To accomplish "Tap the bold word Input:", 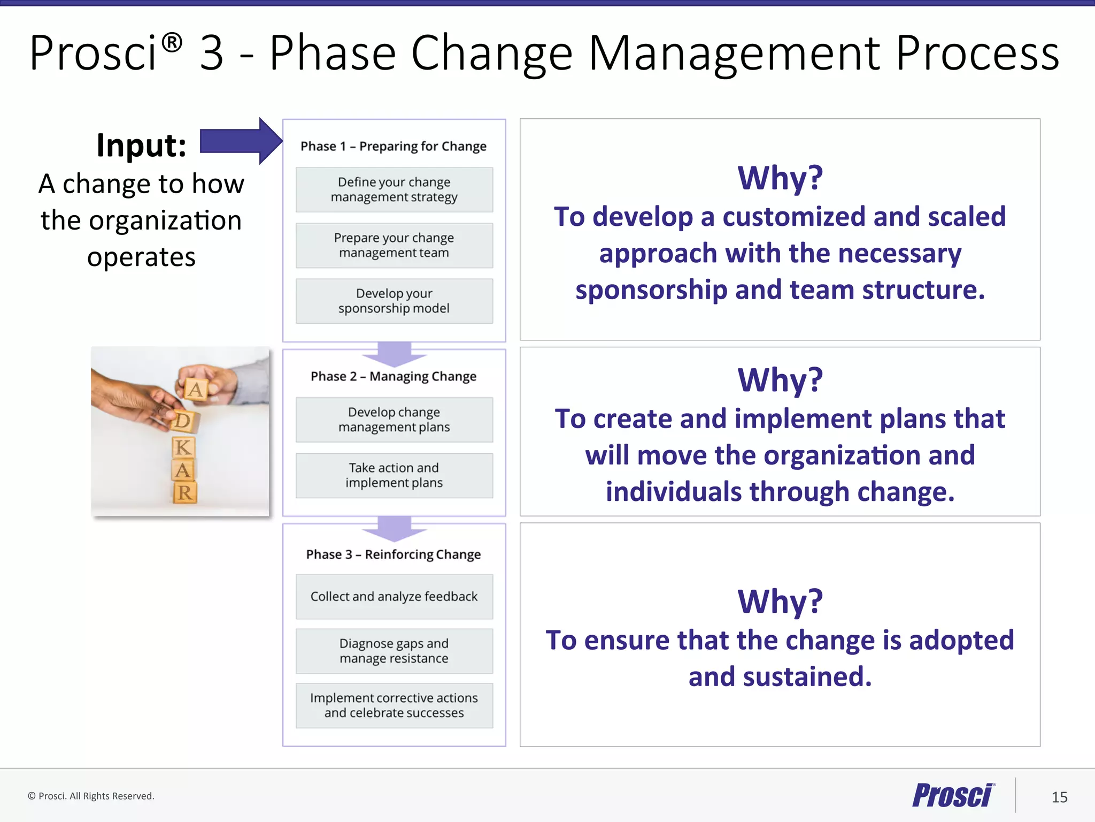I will (142, 145).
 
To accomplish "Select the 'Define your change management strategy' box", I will (394, 190).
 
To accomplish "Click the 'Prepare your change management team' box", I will (394, 246).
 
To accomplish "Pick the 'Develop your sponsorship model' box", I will (394, 301).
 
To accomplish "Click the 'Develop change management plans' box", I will (394, 420).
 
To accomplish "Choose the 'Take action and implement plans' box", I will (394, 475).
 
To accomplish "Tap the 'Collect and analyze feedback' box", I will (394, 597).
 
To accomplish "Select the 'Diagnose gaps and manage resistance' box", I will (394, 651).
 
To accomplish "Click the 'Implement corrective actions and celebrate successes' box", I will (394, 705).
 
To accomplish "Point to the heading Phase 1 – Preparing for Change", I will (394, 146).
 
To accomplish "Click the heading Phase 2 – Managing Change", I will (394, 376).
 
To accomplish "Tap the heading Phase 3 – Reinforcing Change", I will (394, 554).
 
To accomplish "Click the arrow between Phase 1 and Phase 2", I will (394, 354).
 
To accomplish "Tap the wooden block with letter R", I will (185, 492).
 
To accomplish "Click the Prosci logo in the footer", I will (953, 795).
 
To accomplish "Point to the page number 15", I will (1059, 797).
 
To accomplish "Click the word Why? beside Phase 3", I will (780, 601).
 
